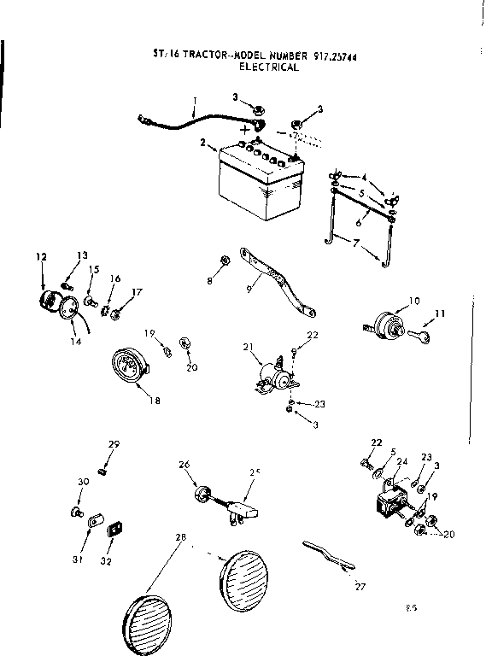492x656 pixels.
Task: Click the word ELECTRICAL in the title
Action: click(269, 67)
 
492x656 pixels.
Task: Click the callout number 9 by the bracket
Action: click(249, 289)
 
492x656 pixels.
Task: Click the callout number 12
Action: click(39, 255)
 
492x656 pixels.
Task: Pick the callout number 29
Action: click(113, 444)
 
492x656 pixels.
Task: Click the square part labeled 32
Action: click(114, 530)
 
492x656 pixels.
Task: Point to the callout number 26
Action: click(184, 466)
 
